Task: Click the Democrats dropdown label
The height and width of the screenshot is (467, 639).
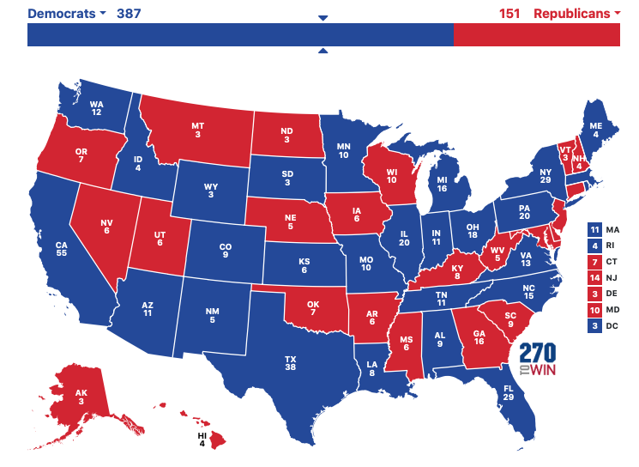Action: pyautogui.click(x=66, y=14)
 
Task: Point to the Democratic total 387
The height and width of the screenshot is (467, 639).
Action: pyautogui.click(x=129, y=14)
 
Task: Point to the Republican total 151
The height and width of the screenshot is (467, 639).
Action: pyautogui.click(x=509, y=14)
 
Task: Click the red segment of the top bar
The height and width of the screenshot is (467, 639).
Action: pyautogui.click(x=536, y=35)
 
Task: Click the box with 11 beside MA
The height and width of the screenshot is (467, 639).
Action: pyautogui.click(x=594, y=230)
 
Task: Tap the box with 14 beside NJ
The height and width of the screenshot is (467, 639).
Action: pyautogui.click(x=594, y=278)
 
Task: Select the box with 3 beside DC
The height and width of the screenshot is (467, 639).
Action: pyautogui.click(x=594, y=326)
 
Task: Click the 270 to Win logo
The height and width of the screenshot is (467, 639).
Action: pyautogui.click(x=538, y=360)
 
